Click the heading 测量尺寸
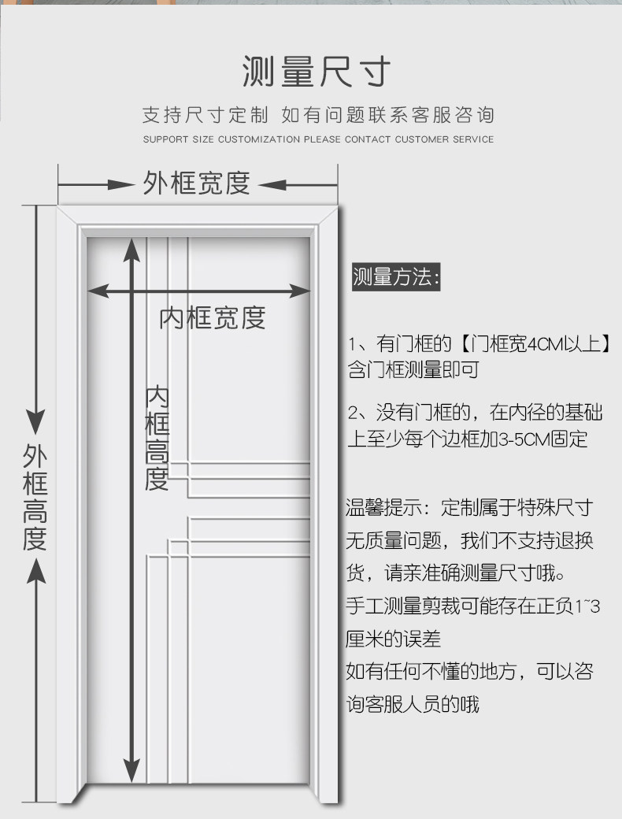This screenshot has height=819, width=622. (316, 72)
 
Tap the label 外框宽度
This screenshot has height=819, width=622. (197, 183)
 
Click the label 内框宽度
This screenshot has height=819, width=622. (213, 317)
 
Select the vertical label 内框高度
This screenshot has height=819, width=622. (157, 438)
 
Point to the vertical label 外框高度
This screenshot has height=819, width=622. (35, 498)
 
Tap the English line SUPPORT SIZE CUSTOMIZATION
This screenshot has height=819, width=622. (318, 139)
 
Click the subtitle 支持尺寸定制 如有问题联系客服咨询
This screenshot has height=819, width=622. (318, 115)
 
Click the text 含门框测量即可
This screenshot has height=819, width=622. (413, 369)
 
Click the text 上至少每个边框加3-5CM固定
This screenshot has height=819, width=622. (468, 439)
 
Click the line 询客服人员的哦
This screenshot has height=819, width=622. (413, 704)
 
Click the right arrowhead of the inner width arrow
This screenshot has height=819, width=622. (301, 291)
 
